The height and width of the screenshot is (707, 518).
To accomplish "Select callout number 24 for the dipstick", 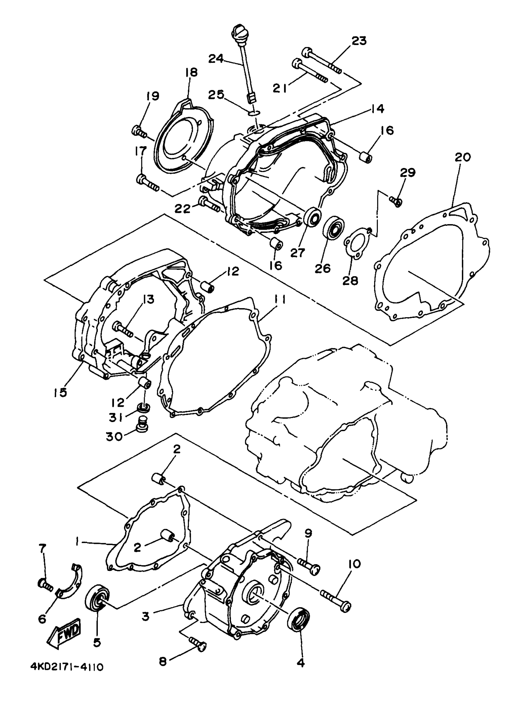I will [216, 58].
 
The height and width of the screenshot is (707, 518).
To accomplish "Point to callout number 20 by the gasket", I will [463, 157].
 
